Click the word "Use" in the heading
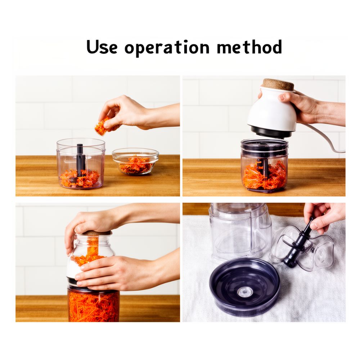(102, 47)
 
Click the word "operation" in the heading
(167, 48)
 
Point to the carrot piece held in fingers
(102, 126)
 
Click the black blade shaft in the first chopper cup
(80, 160)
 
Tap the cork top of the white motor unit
(278, 84)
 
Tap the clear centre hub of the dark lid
(245, 292)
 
